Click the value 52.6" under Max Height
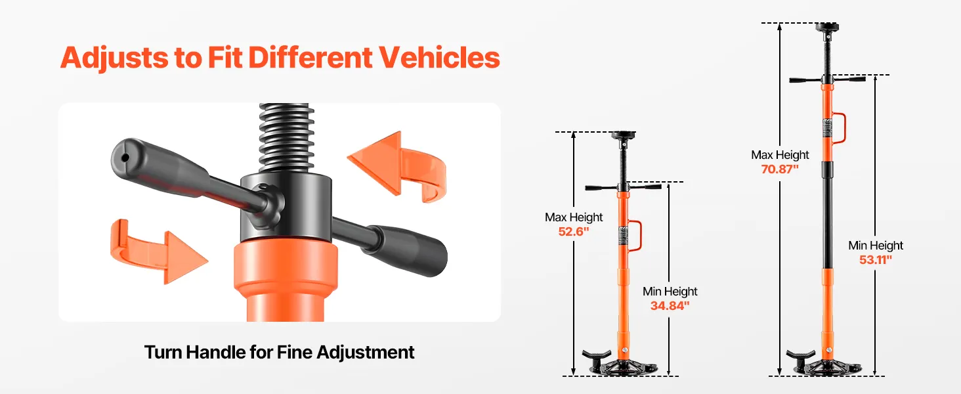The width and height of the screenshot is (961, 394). click(573, 232)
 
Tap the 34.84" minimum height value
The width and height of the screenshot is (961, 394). click(670, 305)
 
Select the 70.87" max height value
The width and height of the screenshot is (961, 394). click(780, 169)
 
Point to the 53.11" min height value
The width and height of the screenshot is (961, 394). click(875, 259)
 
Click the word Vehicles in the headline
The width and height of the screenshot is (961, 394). click(439, 58)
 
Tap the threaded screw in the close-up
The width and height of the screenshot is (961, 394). click(287, 137)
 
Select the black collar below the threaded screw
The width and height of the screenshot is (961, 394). click(286, 207)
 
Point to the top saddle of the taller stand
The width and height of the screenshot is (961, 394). click(826, 27)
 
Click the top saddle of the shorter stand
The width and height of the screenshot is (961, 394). click(623, 136)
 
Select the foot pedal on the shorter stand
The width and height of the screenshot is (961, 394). click(596, 356)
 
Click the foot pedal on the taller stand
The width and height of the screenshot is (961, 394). click(801, 356)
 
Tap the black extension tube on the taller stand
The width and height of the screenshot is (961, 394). click(828, 215)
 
